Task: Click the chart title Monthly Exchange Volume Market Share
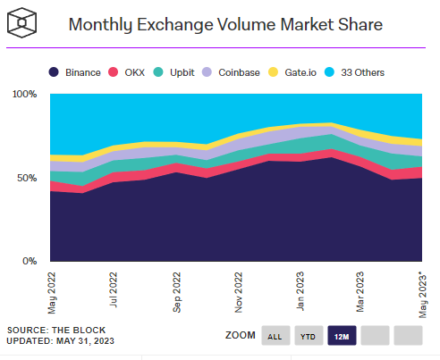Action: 225,25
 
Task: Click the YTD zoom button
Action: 307,336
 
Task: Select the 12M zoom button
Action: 342,336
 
